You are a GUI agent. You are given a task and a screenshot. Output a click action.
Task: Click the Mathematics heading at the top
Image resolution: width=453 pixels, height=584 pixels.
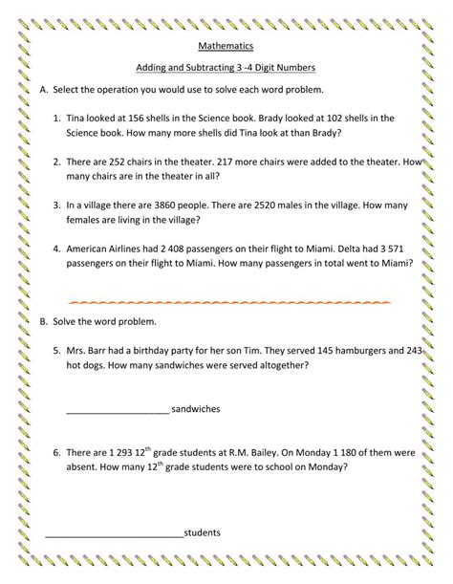226,45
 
